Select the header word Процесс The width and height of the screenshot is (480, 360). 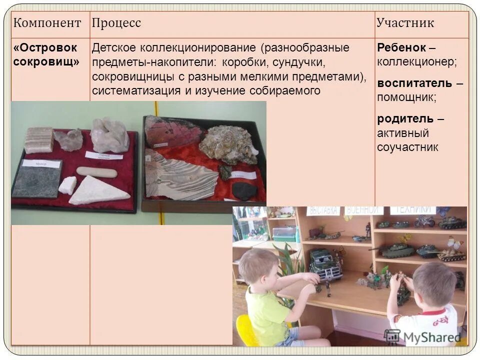pyautogui.click(x=116, y=23)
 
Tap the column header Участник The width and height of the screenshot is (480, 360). pyautogui.click(x=405, y=23)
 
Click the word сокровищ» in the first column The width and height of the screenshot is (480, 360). pyautogui.click(x=46, y=62)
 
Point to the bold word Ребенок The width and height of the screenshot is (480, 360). pyautogui.click(x=401, y=47)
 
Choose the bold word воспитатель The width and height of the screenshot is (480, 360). pyautogui.click(x=414, y=82)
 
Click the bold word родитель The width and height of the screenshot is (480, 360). pyautogui.click(x=405, y=118)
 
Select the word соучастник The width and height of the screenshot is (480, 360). pyautogui.click(x=407, y=147)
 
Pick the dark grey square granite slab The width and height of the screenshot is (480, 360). pyautogui.click(x=36, y=179)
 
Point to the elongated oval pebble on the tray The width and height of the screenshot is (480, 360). pyautogui.click(x=96, y=172)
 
